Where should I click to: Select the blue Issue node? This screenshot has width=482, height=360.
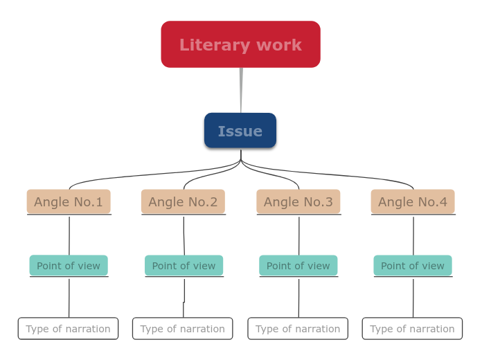[240, 131]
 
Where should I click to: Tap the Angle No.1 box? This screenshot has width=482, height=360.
[69, 201]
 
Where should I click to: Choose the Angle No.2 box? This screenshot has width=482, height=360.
[183, 201]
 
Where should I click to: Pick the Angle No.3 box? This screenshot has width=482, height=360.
[298, 201]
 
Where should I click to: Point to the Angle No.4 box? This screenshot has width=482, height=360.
[413, 201]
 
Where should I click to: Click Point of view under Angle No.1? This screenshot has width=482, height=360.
[69, 265]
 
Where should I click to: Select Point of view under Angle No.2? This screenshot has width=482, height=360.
[184, 265]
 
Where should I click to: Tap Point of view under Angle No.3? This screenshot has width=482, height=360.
[298, 265]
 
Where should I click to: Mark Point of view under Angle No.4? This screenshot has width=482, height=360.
[413, 265]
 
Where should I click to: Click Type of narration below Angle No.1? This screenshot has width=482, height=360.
[68, 328]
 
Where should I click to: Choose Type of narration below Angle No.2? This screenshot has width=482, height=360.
[183, 328]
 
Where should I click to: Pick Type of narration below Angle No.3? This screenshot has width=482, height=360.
[298, 328]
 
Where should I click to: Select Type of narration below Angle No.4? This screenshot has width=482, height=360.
[412, 328]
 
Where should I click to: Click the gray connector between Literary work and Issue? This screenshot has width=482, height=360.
[241, 90]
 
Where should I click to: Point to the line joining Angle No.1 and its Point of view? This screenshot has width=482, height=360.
[69, 235]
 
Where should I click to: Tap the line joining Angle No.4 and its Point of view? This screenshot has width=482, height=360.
[413, 235]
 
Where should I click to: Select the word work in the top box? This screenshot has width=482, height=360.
[278, 45]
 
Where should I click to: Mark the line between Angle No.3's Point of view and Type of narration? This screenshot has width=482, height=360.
[299, 298]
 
